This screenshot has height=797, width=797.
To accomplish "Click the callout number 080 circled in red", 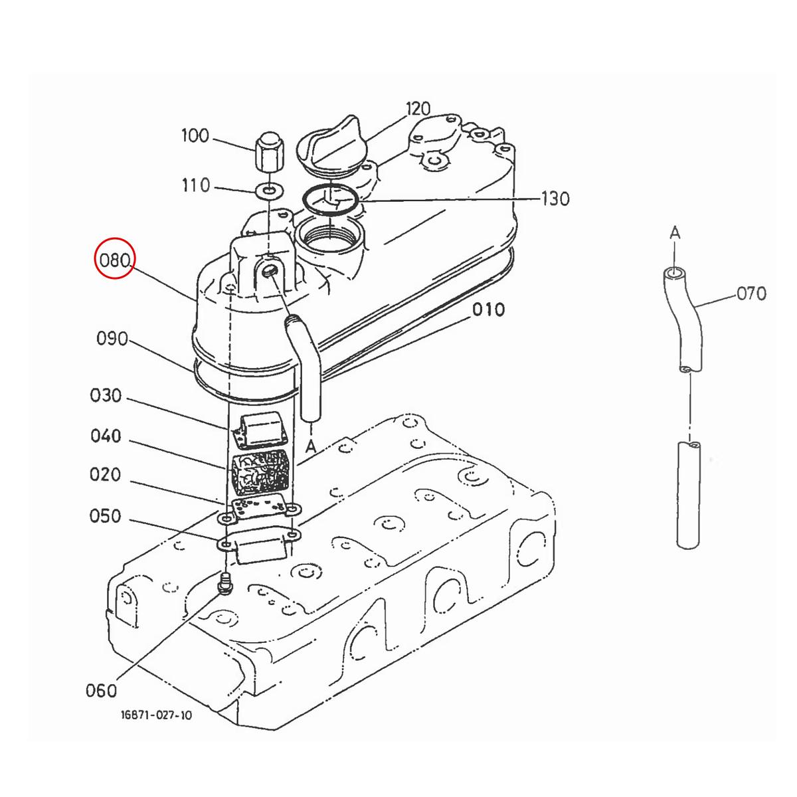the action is pos(115,260).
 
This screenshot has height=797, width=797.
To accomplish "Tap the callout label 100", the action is pos(196,135).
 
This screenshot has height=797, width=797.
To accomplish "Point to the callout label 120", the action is pos(418,109).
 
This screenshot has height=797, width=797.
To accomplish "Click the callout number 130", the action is pos(555,199).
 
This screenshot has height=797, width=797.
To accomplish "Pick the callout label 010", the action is pos(488,310).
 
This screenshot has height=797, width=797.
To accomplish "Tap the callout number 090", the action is pos(112,339).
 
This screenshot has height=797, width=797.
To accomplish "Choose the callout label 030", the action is pos(106,395).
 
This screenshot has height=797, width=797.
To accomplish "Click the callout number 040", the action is pos(106,436).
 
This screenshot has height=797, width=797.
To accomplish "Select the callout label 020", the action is pos(105,474).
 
